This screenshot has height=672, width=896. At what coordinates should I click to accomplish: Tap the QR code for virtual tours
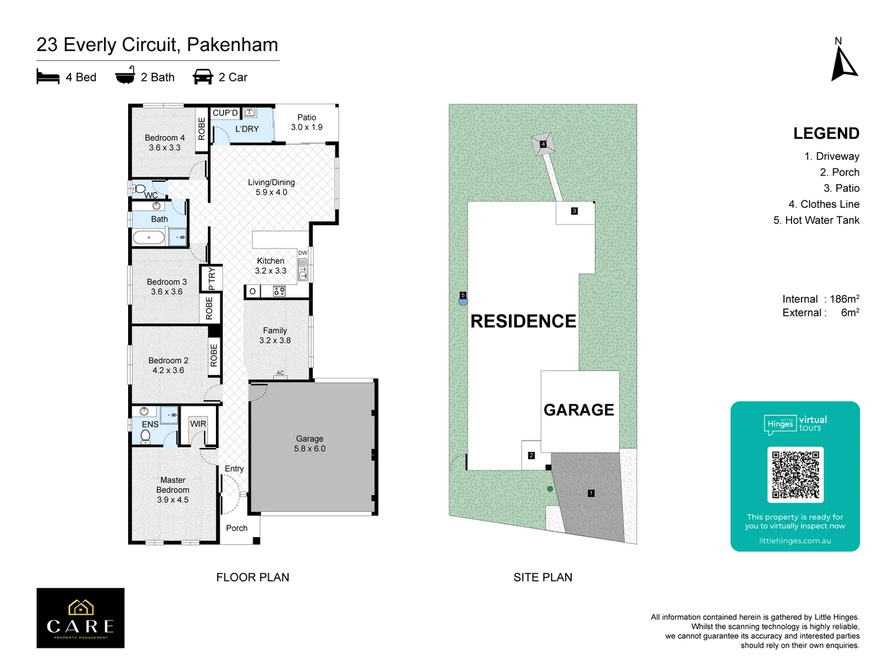[795, 475]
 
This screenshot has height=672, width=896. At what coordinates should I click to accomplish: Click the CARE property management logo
[80, 618]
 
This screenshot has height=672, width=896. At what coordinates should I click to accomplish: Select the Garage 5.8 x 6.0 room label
[310, 444]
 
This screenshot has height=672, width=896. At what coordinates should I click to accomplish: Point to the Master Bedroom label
[173, 490]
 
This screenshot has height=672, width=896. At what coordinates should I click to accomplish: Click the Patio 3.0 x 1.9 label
[307, 122]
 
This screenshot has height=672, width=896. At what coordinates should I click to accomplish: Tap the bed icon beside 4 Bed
[48, 77]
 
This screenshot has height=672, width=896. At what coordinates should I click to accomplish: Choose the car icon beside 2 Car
[203, 77]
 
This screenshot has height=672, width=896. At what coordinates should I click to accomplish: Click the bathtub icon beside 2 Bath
[125, 76]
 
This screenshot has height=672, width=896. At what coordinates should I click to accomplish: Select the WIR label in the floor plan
[198, 424]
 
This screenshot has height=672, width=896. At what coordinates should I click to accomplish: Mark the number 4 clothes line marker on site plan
[543, 144]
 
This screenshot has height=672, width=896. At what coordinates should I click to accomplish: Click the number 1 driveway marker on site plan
[591, 493]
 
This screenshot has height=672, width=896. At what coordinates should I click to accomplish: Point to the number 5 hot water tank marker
[463, 296]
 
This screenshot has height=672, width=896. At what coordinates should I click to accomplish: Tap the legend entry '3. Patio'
[841, 189]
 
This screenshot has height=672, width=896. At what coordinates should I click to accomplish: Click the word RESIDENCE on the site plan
[523, 321]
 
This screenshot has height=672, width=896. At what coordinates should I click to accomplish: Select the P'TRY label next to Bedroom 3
[212, 279]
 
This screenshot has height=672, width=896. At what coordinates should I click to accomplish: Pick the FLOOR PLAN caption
[253, 577]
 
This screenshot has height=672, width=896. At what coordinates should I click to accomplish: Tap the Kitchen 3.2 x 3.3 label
[271, 266]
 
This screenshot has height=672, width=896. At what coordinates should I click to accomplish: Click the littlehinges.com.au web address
[795, 541]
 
